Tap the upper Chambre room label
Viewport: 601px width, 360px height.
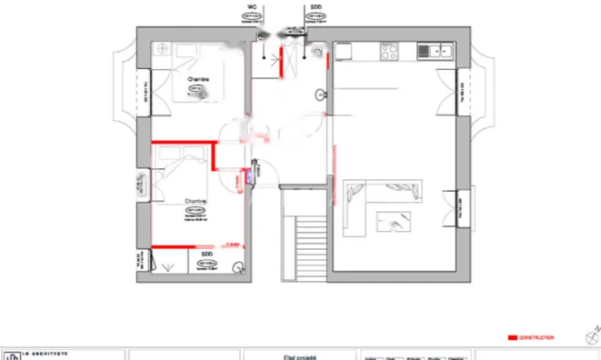198,80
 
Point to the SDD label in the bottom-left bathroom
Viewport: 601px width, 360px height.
206,255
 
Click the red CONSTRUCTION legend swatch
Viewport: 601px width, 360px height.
511,337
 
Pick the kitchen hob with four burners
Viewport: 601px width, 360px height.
390,49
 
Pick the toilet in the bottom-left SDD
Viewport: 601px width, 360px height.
237,267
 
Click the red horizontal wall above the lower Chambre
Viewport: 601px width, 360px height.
182,143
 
